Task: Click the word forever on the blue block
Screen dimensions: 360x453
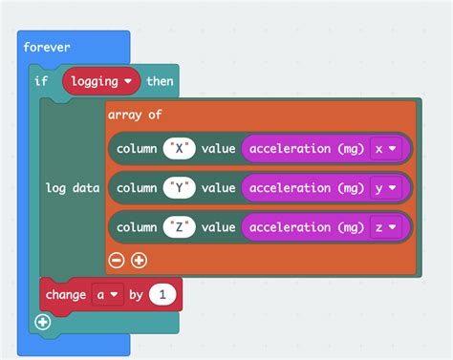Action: click(x=48, y=46)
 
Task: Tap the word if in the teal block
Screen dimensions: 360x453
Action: click(x=41, y=81)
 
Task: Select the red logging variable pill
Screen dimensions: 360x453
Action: click(x=101, y=81)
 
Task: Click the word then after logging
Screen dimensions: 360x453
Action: click(x=160, y=81)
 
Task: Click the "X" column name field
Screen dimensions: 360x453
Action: click(x=180, y=149)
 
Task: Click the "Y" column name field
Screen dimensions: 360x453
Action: click(x=180, y=188)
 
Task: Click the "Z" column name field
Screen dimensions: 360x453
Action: click(x=180, y=227)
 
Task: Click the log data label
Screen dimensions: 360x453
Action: click(x=73, y=188)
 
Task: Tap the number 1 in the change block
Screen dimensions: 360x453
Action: click(x=163, y=295)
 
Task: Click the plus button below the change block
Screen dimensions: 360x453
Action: click(x=42, y=322)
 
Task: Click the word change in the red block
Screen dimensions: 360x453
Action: click(x=66, y=295)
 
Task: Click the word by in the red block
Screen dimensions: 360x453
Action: click(x=136, y=295)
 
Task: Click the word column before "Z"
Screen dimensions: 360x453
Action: click(x=137, y=227)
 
